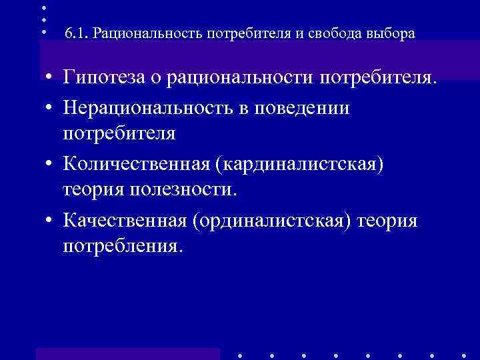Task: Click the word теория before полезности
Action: point(94,190)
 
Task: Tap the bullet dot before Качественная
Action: point(51,220)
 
